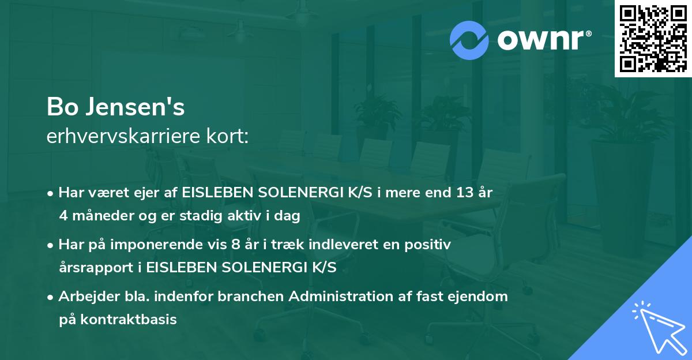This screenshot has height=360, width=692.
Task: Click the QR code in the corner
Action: [x=653, y=39]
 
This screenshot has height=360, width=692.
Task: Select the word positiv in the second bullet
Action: [x=428, y=245]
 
